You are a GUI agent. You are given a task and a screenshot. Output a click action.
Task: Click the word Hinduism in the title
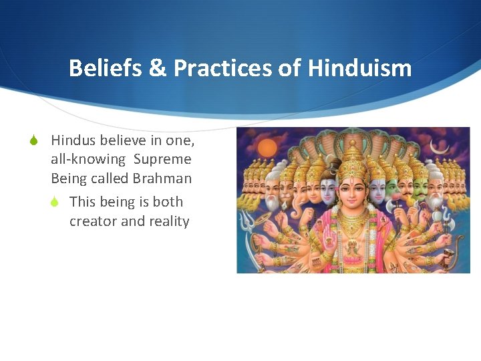pos(359,68)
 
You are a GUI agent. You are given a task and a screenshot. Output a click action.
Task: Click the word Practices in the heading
pos(223,68)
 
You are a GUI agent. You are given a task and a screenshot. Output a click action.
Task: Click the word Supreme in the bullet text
pos(162,159)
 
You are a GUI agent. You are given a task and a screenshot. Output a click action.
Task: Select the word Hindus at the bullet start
pos(73,140)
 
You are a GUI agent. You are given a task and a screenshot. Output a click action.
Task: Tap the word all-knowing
pos(88,159)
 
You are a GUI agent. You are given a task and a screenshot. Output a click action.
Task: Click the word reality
pos(166,221)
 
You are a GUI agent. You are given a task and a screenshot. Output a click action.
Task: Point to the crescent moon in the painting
pos(438,146)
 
